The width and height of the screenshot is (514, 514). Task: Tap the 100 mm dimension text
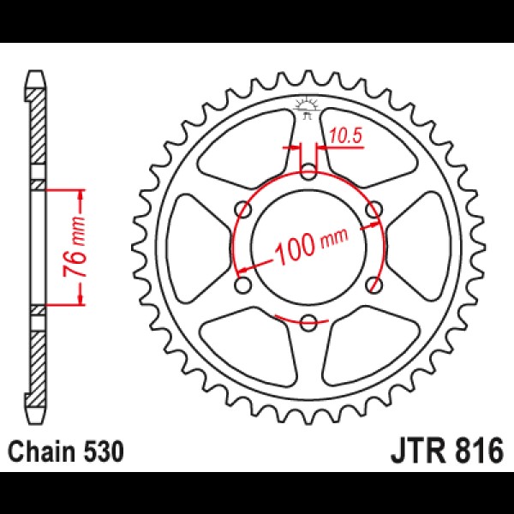pyautogui.click(x=310, y=245)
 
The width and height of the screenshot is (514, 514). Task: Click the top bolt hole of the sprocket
pyautogui.click(x=308, y=172)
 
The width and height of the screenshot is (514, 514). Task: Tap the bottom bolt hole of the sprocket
pyautogui.click(x=308, y=322)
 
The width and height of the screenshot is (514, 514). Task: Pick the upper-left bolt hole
pyautogui.click(x=243, y=210)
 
